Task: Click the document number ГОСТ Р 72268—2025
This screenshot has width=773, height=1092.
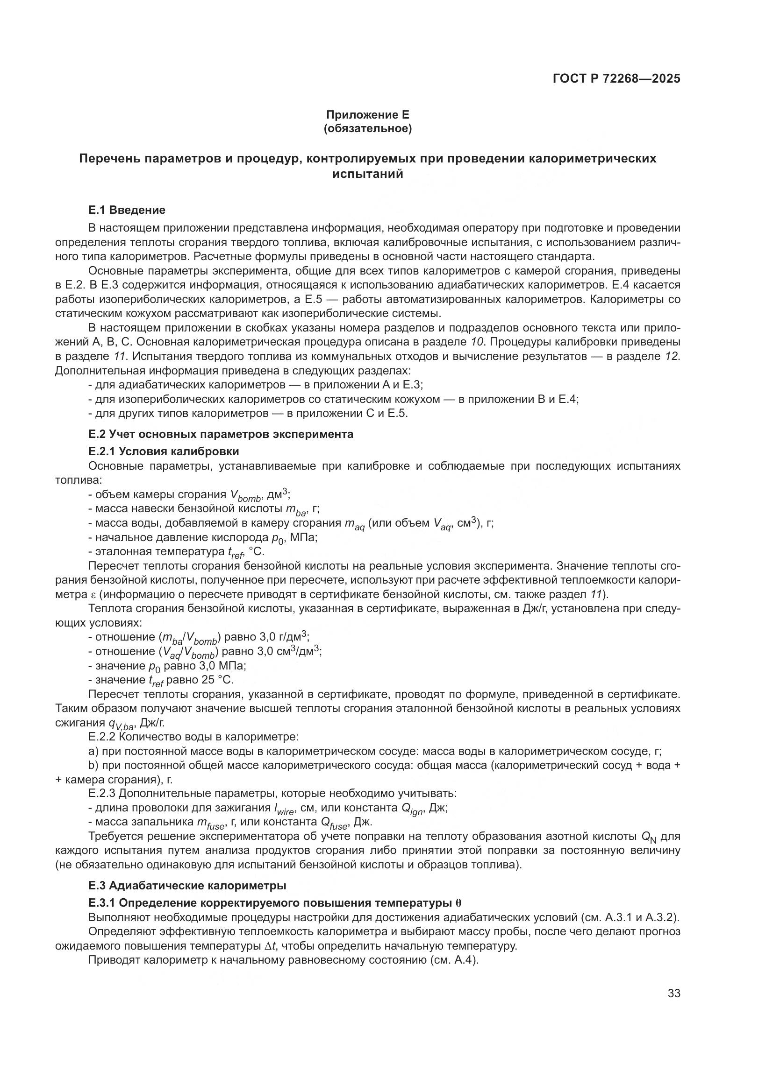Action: click(x=616, y=78)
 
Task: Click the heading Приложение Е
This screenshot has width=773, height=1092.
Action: click(x=367, y=115)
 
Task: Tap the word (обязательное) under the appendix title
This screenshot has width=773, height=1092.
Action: click(x=367, y=128)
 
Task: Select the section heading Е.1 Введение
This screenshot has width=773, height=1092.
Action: click(x=127, y=210)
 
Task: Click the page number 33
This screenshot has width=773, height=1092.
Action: click(x=673, y=993)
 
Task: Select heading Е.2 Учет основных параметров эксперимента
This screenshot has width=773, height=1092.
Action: click(x=221, y=434)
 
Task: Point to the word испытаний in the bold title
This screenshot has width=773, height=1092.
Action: click(x=367, y=174)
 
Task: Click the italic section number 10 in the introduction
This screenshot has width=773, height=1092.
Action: click(x=478, y=342)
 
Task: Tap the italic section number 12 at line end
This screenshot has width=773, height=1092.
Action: click(x=673, y=356)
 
